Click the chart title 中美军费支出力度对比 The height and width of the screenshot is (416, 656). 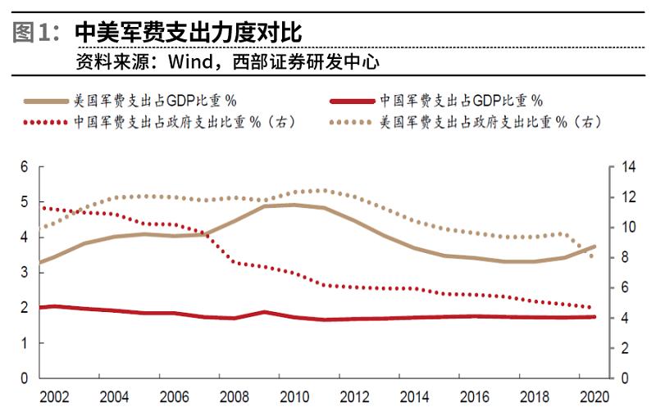[189, 33]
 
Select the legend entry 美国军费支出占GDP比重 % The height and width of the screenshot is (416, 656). [155, 102]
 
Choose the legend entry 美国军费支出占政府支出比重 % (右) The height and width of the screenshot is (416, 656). [491, 122]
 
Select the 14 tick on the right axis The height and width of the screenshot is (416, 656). [629, 167]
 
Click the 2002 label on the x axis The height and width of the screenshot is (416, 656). [54, 397]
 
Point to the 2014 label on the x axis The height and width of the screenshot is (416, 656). [412, 397]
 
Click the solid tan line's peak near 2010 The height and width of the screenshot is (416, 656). [294, 205]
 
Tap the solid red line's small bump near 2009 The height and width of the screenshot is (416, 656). [263, 312]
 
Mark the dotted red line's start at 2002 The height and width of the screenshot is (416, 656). [41, 207]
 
